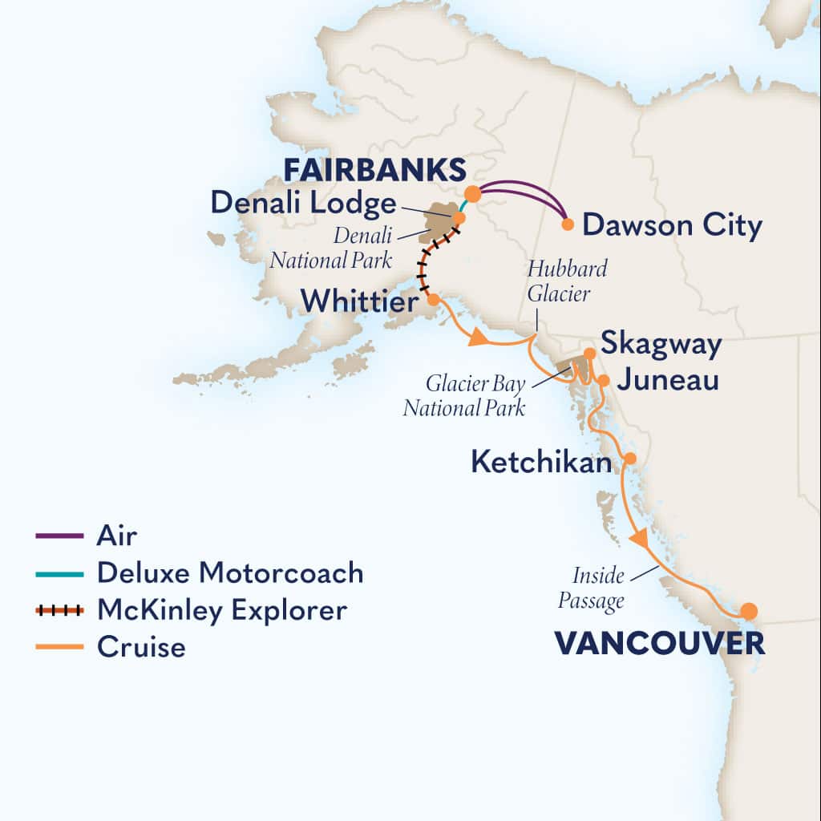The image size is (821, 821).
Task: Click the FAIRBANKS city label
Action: point(375,170)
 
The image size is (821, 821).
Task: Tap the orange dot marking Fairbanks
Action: point(473,194)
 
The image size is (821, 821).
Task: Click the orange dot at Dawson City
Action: point(568,224)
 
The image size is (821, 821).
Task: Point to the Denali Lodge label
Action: point(303,203)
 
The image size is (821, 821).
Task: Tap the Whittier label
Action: point(359,302)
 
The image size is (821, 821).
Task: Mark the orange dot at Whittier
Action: point(433,300)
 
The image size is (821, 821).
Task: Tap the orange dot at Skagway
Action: point(589,353)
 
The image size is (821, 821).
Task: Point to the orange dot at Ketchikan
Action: point(630,459)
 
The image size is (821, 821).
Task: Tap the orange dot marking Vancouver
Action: point(748,612)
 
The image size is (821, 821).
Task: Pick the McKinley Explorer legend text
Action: point(222,610)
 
